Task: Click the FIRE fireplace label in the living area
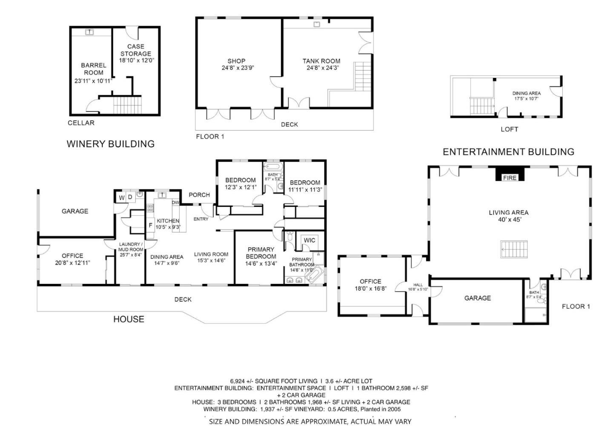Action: click(x=510, y=178)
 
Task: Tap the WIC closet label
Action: click(x=309, y=240)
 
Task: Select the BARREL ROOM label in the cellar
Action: click(x=94, y=69)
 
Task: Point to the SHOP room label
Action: click(x=236, y=61)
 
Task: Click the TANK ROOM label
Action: click(x=321, y=61)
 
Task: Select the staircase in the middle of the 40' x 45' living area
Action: click(x=514, y=249)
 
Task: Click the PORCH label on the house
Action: click(x=199, y=195)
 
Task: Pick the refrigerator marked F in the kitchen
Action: click(x=150, y=226)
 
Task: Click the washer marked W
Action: click(x=121, y=198)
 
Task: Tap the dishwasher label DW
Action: click(x=175, y=203)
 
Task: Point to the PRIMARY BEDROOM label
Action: click(x=261, y=253)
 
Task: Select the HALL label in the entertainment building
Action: click(x=418, y=285)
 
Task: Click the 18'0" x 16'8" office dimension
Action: click(x=370, y=288)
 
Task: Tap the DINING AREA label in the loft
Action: click(x=526, y=93)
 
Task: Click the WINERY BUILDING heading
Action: click(x=111, y=144)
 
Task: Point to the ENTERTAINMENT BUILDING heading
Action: click(x=508, y=152)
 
